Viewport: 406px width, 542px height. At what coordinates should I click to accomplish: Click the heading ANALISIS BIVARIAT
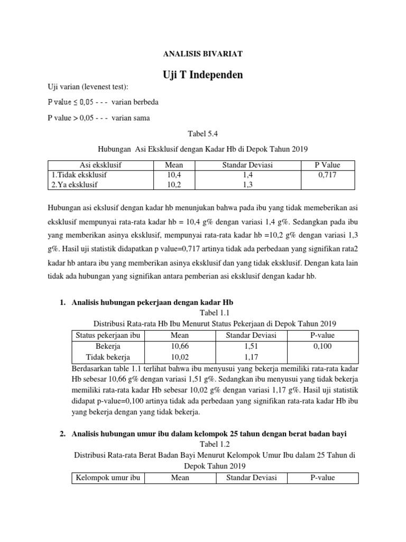pyautogui.click(x=202, y=54)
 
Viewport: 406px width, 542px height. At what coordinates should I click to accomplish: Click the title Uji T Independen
pyautogui.click(x=202, y=75)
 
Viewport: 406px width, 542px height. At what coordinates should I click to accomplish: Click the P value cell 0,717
pyautogui.click(x=327, y=174)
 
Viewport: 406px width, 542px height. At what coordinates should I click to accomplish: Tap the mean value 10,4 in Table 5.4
pyautogui.click(x=174, y=174)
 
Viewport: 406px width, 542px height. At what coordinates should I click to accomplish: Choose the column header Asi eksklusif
pyautogui.click(x=100, y=165)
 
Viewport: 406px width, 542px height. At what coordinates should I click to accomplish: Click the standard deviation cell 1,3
pyautogui.click(x=248, y=184)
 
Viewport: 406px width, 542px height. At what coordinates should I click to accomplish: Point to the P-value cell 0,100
pyautogui.click(x=322, y=346)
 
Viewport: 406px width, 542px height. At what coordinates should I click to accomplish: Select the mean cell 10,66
pyautogui.click(x=180, y=346)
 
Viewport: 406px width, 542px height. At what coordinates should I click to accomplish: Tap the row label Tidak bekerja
pyautogui.click(x=108, y=357)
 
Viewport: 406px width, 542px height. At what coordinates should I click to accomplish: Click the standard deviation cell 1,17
pyautogui.click(x=251, y=357)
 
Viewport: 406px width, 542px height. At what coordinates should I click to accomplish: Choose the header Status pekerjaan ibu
pyautogui.click(x=108, y=336)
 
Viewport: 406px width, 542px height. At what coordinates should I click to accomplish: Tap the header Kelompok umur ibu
pyautogui.click(x=108, y=478)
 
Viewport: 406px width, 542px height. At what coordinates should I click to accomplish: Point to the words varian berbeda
pyautogui.click(x=135, y=102)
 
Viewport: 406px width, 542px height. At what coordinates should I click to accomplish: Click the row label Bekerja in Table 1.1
pyautogui.click(x=108, y=346)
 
